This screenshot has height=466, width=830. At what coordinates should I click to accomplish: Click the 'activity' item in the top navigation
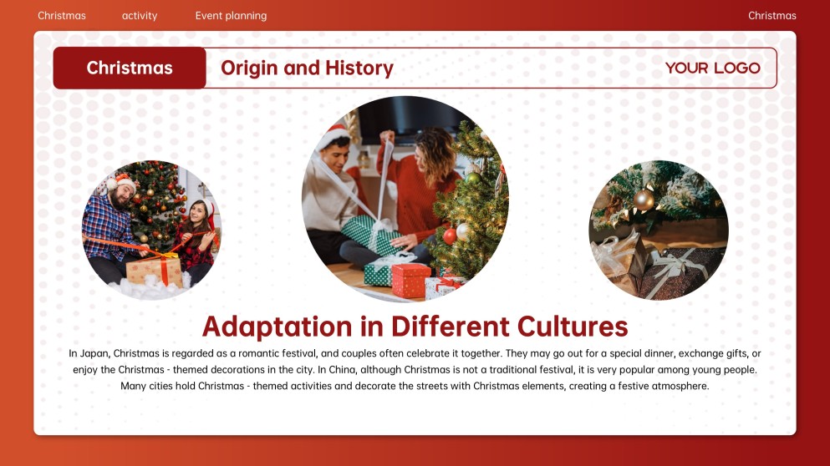pyautogui.click(x=140, y=16)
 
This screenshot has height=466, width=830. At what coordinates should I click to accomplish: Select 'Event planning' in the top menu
pyautogui.click(x=231, y=16)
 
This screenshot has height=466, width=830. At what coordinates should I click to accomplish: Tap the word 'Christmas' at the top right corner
pyautogui.click(x=771, y=16)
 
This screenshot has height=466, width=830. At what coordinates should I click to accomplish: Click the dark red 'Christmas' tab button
pyautogui.click(x=130, y=68)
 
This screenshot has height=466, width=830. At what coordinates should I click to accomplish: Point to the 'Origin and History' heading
pyautogui.click(x=307, y=68)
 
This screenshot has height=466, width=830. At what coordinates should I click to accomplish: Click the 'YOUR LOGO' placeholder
pyautogui.click(x=712, y=68)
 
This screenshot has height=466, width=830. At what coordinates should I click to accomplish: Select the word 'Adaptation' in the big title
pyautogui.click(x=277, y=327)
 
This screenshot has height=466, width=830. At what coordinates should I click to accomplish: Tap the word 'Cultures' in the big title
pyautogui.click(x=573, y=326)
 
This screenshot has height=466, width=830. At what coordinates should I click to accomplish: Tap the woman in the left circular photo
pyautogui.click(x=196, y=238)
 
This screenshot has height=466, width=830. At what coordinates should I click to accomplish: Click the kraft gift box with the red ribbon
pyautogui.click(x=154, y=271)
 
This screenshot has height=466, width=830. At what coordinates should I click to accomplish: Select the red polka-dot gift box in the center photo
pyautogui.click(x=410, y=281)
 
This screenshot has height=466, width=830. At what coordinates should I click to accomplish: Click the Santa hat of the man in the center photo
pyautogui.click(x=334, y=136)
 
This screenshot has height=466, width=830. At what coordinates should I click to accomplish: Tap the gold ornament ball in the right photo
pyautogui.click(x=644, y=200)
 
